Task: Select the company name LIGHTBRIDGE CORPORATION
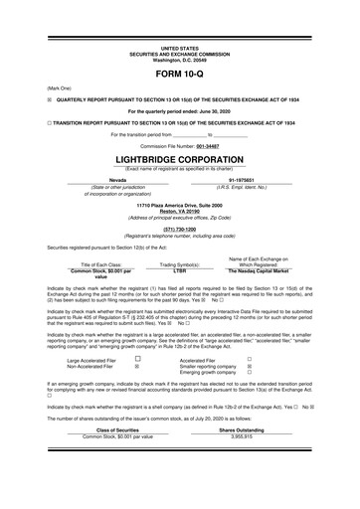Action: [180, 159]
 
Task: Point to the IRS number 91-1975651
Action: [264, 179]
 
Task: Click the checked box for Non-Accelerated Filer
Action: [136, 367]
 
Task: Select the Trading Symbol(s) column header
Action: [180, 263]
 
